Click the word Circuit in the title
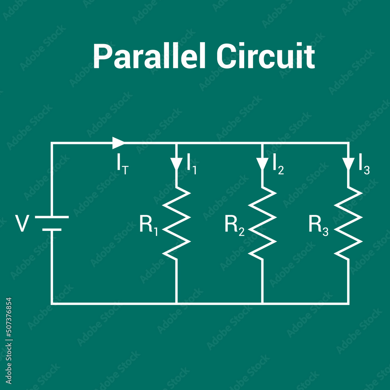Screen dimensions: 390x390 click(x=265, y=57)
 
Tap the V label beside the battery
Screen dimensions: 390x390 click(x=22, y=224)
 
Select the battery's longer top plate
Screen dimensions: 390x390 click(x=52, y=217)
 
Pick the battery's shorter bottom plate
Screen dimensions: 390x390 click(x=52, y=230)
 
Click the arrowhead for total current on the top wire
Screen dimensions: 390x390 click(x=118, y=143)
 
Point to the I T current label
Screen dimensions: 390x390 click(x=122, y=165)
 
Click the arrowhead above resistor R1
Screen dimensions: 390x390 click(x=177, y=163)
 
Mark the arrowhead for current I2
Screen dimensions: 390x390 click(x=262, y=163)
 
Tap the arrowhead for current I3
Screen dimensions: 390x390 click(x=348, y=163)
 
